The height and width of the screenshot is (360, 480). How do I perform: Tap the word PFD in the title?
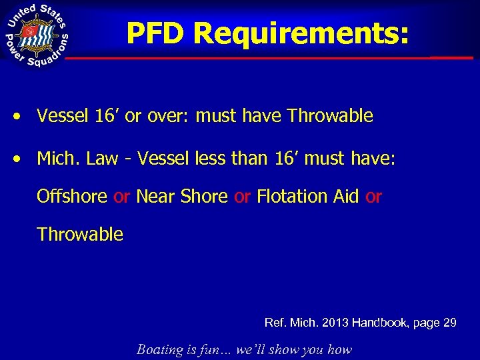tap(157, 34)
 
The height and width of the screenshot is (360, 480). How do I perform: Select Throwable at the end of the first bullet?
tap(330, 117)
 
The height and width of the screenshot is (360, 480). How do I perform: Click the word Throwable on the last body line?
tap(80, 235)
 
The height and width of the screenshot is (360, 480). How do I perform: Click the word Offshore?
tap(72, 197)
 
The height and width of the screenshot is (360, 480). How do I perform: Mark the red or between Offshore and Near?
tap(121, 197)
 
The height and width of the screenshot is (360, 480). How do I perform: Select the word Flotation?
tap(287, 197)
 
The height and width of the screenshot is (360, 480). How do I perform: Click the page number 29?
tap(449, 323)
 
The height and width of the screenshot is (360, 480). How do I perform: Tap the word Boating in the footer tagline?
tap(160, 349)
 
